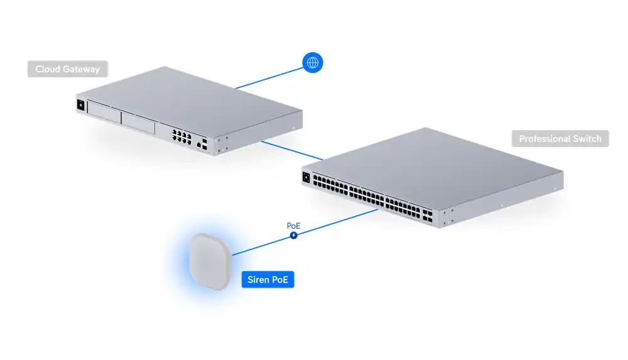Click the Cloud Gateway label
(68, 69)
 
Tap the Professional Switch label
(560, 139)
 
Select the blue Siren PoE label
(268, 280)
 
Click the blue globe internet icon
(312, 63)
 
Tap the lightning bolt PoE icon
(293, 236)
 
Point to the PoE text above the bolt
(293, 226)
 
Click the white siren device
(210, 261)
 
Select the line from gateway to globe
(269, 78)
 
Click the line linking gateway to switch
(291, 150)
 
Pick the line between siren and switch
(305, 232)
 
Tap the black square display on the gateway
(80, 105)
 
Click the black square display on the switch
(306, 177)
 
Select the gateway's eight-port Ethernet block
(181, 136)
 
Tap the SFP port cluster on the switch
(427, 215)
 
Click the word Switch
(587, 139)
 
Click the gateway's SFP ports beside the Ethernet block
(205, 145)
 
